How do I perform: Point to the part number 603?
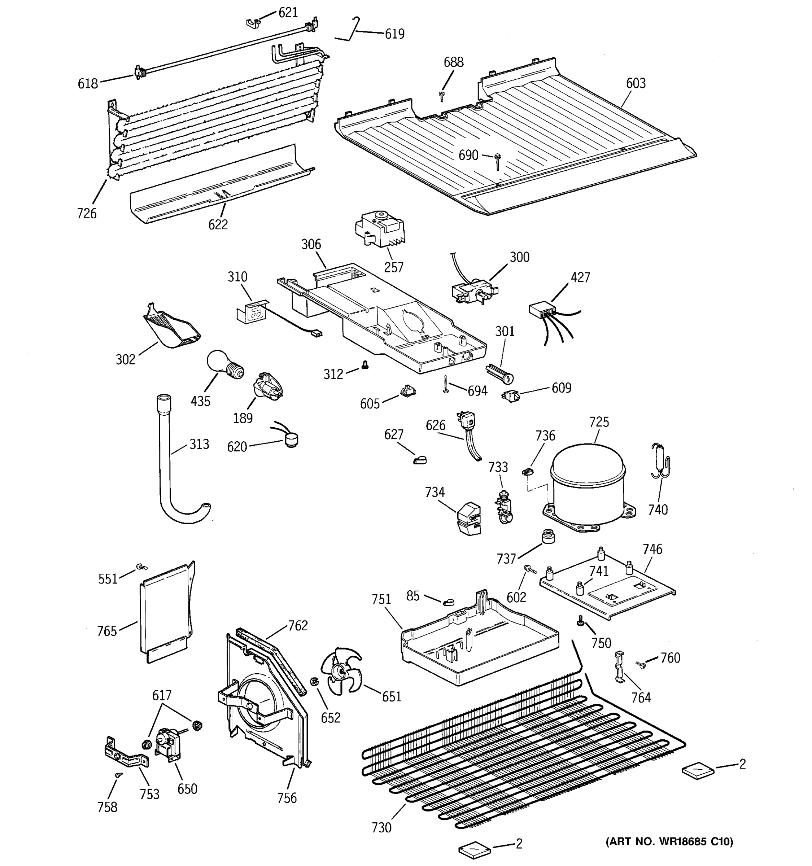(636, 83)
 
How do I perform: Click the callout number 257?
(393, 267)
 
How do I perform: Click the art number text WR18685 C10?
(669, 841)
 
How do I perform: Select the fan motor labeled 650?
(168, 744)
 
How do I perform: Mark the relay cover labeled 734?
(469, 519)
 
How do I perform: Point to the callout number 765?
(107, 631)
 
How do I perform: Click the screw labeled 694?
(446, 384)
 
